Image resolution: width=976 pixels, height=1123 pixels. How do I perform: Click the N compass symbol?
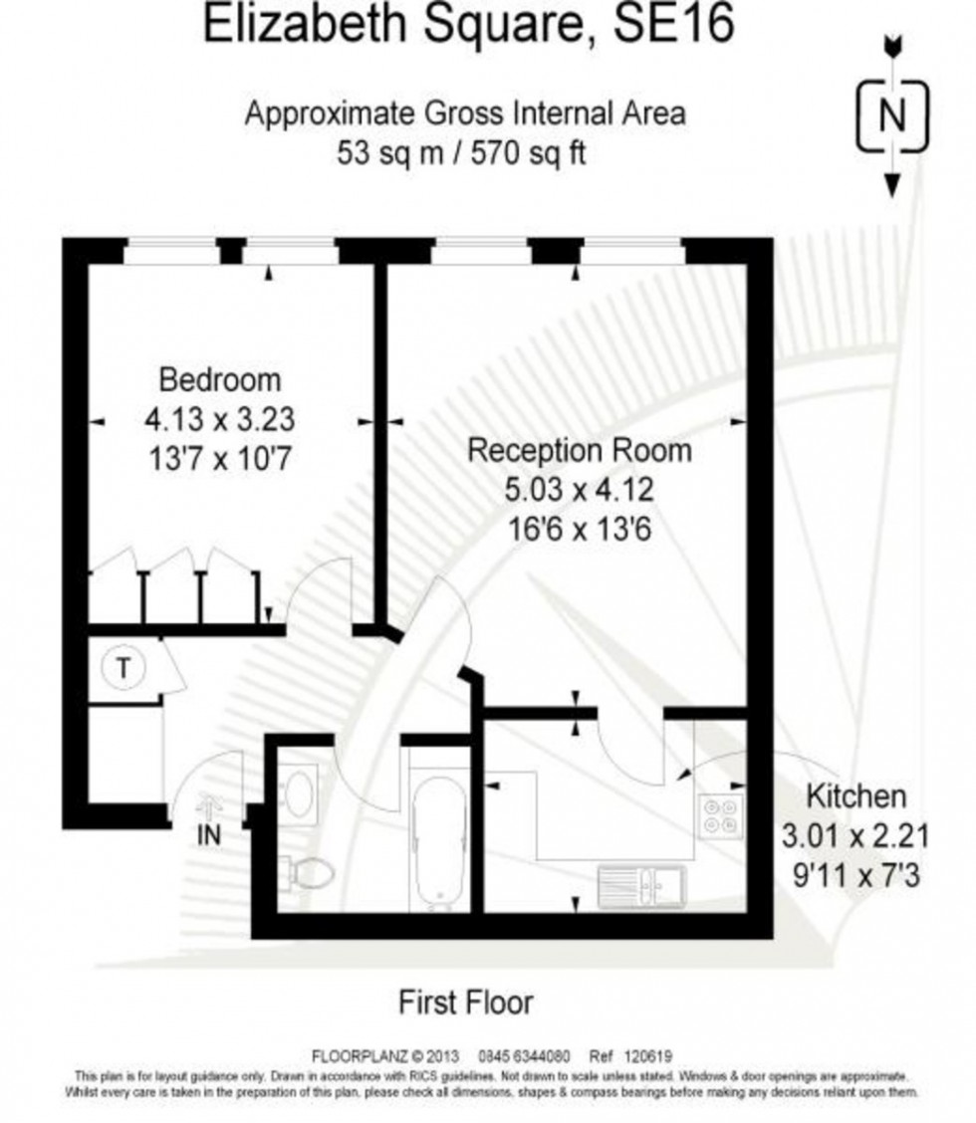click(892, 117)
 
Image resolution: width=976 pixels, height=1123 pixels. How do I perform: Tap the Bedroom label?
click(220, 379)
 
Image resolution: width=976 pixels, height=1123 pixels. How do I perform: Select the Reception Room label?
click(579, 450)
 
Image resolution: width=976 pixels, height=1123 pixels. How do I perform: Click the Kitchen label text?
click(856, 795)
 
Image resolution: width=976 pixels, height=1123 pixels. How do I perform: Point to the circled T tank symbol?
click(123, 668)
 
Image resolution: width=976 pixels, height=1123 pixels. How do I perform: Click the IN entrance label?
click(209, 834)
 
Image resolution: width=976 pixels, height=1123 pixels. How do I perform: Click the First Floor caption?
click(466, 1001)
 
